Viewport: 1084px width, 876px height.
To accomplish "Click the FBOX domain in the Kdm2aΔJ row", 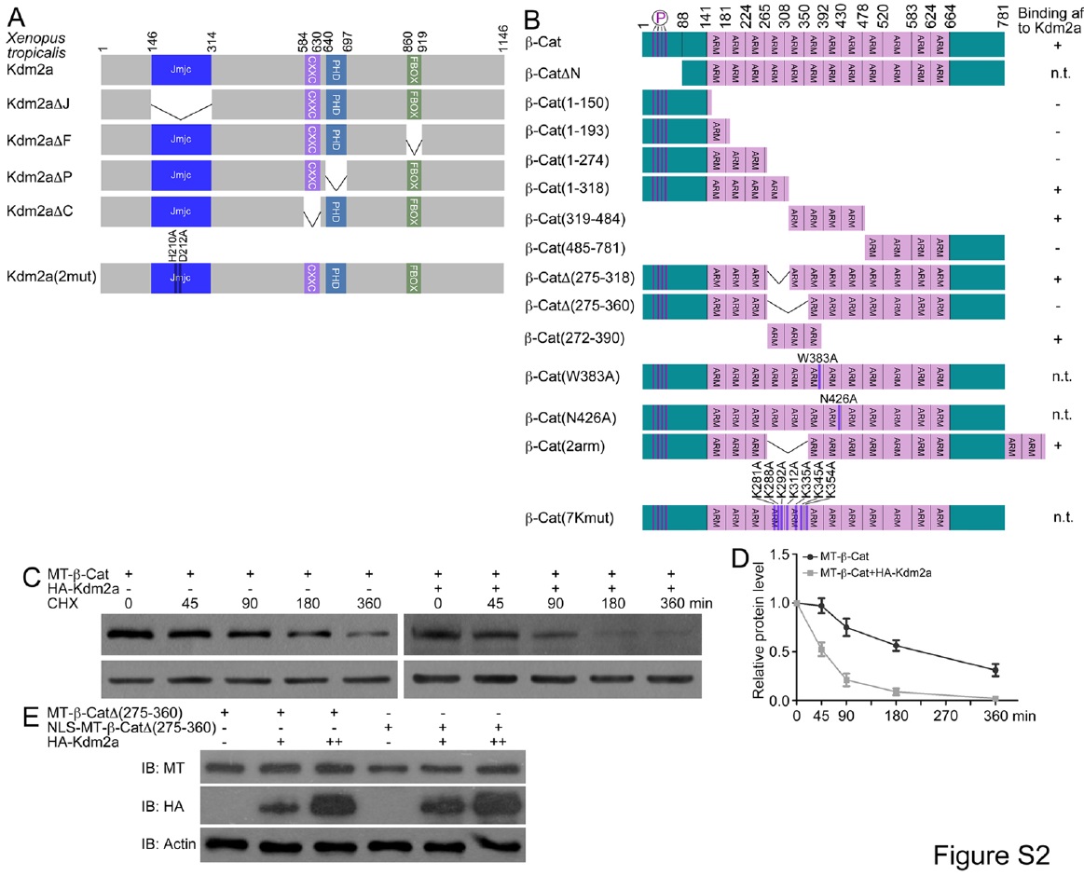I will tap(414, 106).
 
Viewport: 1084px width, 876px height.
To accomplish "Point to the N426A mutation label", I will tap(838, 399).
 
